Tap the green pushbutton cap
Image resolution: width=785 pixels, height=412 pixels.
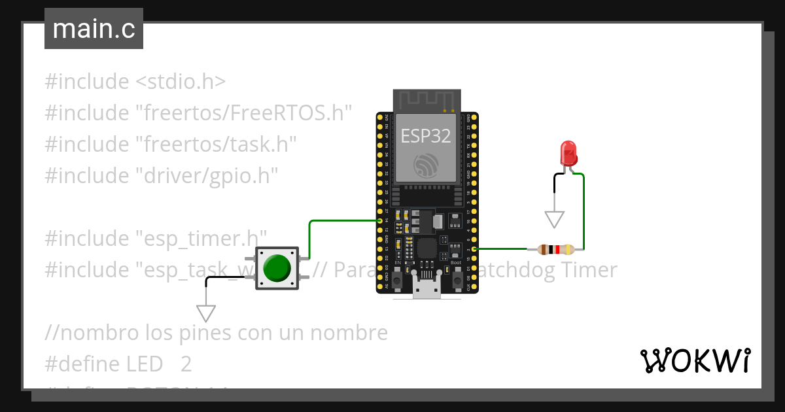pos(277,267)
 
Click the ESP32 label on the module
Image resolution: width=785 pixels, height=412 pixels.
pos(426,136)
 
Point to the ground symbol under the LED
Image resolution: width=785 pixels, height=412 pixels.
pos(555,219)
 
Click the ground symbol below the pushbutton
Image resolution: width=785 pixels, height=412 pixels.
pos(206,313)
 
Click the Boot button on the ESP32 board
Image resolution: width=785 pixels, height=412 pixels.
pos(456,279)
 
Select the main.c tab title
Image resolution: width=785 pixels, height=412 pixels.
pos(94,29)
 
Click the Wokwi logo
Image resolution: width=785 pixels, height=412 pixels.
pos(695,360)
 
